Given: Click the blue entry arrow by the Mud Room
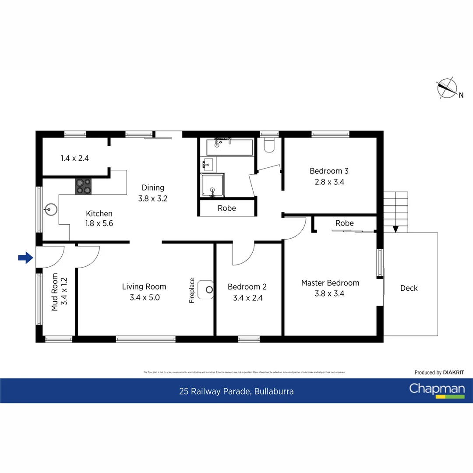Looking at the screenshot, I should coord(26,258).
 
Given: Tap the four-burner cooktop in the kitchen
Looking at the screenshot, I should coord(83,186).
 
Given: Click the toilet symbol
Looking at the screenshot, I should coord(269,145).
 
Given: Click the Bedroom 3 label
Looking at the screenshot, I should coord(329,171).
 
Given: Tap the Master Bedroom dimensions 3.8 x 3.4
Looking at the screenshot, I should coord(329,294).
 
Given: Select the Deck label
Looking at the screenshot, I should coord(409,288).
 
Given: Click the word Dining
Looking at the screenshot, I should coord(153,187).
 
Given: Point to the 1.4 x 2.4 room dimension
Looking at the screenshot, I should coord(75,159).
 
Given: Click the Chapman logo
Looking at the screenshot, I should coord(437,390).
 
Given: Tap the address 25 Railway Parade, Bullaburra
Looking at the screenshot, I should coord(236,392).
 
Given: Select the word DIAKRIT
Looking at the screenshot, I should coord(453,373).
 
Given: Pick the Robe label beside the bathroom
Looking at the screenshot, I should coord(227,208).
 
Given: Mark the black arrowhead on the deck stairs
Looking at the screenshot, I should coord(396,229).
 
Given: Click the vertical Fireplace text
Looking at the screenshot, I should coord(191,291).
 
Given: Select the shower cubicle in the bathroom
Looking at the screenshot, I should coord(213,185).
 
